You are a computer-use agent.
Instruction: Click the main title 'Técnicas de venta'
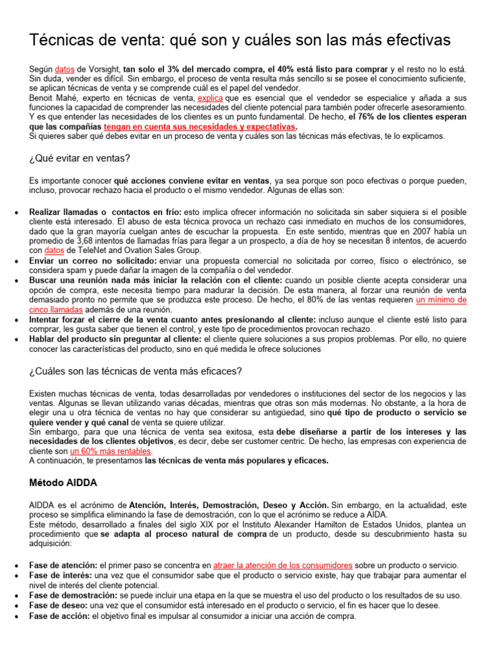(240, 40)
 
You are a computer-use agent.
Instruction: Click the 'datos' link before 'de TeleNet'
(54, 250)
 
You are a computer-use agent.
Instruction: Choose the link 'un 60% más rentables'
(110, 451)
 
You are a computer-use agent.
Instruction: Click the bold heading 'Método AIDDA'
(63, 482)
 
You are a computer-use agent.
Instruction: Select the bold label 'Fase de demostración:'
(74, 595)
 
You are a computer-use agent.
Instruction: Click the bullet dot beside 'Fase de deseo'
(15, 606)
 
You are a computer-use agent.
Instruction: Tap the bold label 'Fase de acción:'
(60, 616)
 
